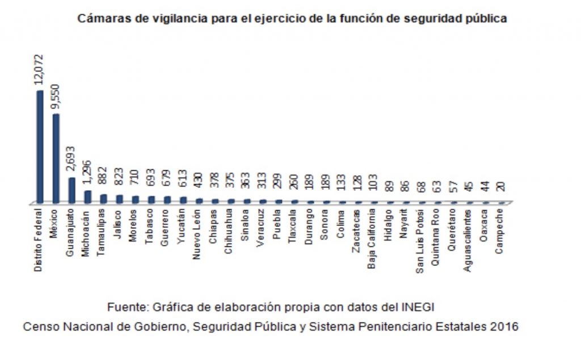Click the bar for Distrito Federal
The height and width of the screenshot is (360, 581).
(40, 146)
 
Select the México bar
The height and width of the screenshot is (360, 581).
(56, 158)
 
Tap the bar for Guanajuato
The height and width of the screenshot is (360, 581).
(71, 190)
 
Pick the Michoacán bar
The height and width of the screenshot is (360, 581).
(87, 196)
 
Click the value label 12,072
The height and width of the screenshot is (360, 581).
(39, 70)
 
